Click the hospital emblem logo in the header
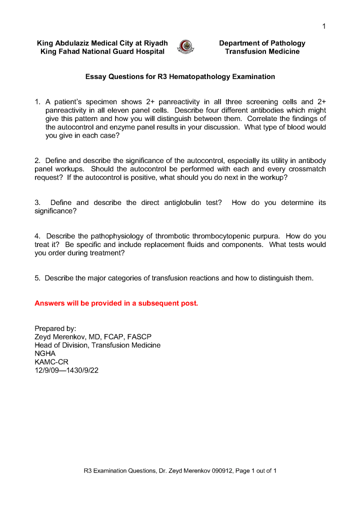(186, 47)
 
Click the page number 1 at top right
(324, 26)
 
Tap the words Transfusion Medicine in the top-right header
(262, 51)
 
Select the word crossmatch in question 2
(308, 169)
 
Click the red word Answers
(49, 303)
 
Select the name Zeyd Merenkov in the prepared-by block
(60, 337)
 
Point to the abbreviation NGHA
(45, 353)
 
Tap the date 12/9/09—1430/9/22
(66, 370)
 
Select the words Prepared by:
(55, 328)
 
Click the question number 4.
(37, 236)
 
